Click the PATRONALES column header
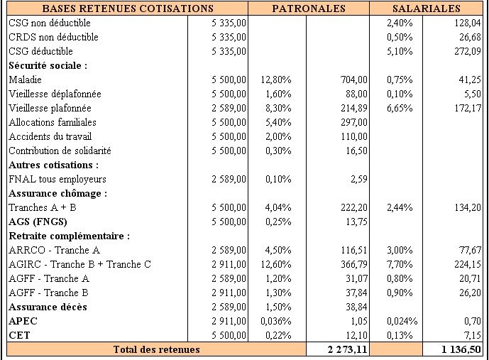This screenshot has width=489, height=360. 309,9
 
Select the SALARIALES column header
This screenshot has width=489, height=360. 427,9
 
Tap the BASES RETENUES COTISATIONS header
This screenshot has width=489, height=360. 128,9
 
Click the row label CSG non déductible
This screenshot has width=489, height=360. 50,23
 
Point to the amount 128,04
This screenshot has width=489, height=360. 468,23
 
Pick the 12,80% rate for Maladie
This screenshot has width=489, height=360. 276,80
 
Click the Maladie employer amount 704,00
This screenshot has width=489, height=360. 354,80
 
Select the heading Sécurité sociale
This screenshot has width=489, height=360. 48,65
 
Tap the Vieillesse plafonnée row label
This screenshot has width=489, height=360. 50,108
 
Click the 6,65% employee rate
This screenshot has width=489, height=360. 400,108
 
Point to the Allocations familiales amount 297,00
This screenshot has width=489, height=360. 354,122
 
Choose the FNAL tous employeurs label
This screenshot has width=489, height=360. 57,180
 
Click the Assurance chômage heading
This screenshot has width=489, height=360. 58,193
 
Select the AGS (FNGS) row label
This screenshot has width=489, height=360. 38,222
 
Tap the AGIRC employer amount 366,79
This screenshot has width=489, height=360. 354,265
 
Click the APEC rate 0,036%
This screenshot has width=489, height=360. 276,322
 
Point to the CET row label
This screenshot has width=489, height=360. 19,335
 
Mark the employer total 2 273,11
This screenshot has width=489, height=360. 348,350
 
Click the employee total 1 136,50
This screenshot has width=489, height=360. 461,350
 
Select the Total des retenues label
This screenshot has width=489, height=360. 157,350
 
